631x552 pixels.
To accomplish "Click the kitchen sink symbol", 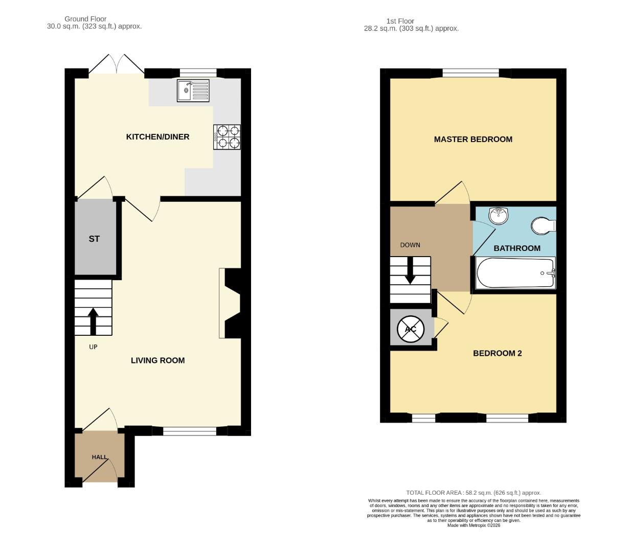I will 193,91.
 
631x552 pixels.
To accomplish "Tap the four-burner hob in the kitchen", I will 227,136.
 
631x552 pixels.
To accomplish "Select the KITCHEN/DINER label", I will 157,137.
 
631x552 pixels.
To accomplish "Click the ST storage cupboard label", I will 94,239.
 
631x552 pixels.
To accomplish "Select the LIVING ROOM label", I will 157,360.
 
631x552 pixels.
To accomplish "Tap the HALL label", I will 100,457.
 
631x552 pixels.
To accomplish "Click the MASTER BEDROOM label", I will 473,139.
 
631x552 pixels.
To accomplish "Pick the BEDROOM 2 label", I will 497,353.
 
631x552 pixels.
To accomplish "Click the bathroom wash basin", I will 498,216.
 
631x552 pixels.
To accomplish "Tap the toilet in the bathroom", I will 543,225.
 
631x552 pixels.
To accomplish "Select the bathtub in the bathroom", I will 515,273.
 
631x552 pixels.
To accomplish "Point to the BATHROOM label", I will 517,248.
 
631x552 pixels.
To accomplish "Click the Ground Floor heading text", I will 85,19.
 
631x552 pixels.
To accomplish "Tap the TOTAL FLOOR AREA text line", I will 474,493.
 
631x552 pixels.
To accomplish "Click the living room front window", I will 190,431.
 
